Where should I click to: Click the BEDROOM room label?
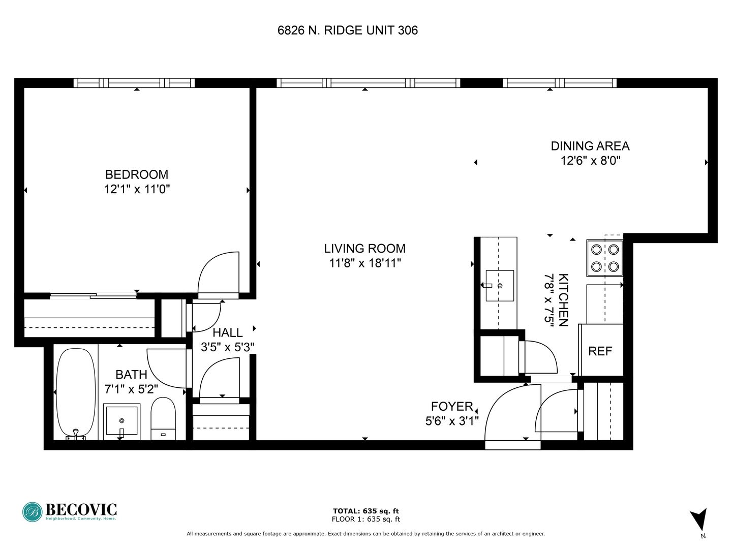pos(137,174)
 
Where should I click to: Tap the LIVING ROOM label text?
pos(365,249)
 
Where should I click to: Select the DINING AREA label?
pos(590,146)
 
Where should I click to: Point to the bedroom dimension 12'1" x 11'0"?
pos(137,189)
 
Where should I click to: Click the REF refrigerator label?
pos(600,351)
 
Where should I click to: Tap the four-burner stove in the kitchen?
pos(604,258)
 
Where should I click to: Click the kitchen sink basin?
pos(500,286)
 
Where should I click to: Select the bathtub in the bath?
pos(76,393)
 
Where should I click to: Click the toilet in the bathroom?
pos(163,419)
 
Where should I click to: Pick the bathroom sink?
pos(121,421)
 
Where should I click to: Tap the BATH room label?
pos(131,374)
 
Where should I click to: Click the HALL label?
pos(227,332)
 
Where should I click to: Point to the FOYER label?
pos(452,406)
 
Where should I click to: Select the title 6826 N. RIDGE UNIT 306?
pos(348,30)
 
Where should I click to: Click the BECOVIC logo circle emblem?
pos(33,512)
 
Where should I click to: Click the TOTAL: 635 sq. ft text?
pos(366,511)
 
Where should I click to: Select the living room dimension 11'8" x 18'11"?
pos(365,263)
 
